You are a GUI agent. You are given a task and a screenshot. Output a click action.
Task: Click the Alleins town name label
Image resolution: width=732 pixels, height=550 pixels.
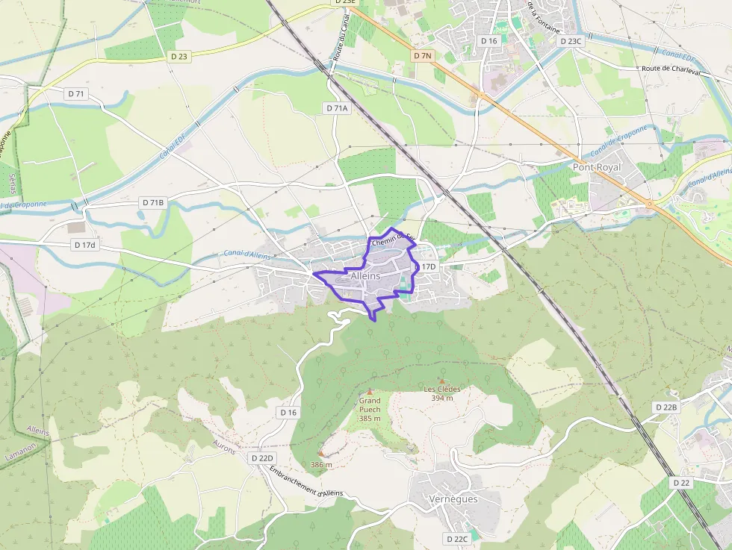pyautogui.click(x=365, y=276)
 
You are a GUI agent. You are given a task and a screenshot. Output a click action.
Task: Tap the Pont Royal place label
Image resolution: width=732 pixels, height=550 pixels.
pyautogui.click(x=597, y=168)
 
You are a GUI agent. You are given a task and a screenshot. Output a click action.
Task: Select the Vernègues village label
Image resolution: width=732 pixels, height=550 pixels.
pyautogui.click(x=453, y=499)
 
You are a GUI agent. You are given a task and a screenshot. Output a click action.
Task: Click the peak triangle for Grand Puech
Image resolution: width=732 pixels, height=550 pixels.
pyautogui.click(x=369, y=392)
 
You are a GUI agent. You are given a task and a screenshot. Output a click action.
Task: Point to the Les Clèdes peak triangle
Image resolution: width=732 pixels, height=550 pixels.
pyautogui.click(x=442, y=380)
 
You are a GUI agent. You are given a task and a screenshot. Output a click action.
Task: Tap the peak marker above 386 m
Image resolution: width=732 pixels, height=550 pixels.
pyautogui.click(x=321, y=453)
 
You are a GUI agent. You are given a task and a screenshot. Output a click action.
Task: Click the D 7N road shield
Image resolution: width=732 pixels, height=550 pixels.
pyautogui.click(x=423, y=56)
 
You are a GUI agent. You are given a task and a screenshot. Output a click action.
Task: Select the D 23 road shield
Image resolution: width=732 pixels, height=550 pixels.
pyautogui.click(x=179, y=55)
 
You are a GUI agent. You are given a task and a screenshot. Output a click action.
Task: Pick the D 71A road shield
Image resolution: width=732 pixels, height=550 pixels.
pyautogui.click(x=337, y=108)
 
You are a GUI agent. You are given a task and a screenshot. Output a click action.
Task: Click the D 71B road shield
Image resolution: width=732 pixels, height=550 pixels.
pyautogui.click(x=152, y=202)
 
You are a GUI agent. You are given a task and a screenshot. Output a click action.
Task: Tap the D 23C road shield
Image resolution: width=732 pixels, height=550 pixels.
pyautogui.click(x=570, y=41)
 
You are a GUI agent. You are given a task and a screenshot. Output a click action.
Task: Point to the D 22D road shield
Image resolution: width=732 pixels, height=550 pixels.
pyautogui.click(x=263, y=457)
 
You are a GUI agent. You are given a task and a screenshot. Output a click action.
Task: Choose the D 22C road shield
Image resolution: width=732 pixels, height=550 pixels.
pyautogui.click(x=457, y=539)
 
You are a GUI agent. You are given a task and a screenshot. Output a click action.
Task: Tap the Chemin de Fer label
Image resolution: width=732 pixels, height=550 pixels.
pyautogui.click(x=392, y=240)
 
